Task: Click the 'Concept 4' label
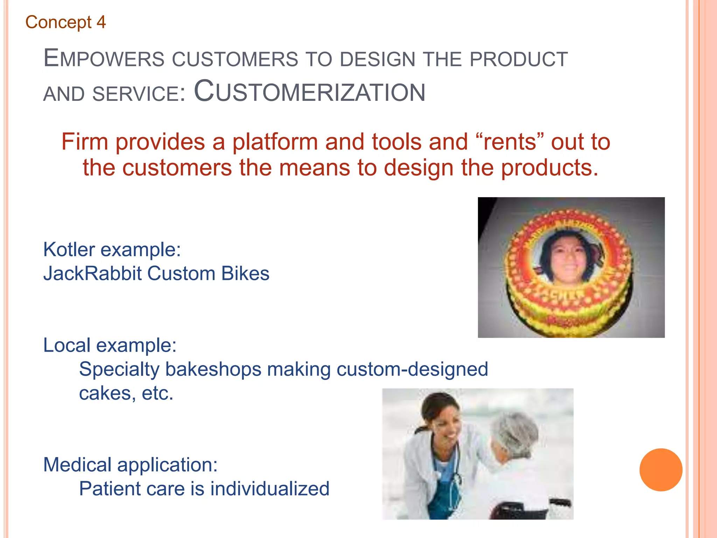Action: click(x=65, y=22)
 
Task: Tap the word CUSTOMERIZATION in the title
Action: click(x=309, y=92)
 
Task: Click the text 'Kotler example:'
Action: click(x=112, y=250)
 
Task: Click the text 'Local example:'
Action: click(x=110, y=345)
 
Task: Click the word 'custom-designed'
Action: click(x=412, y=369)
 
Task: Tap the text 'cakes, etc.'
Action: click(x=126, y=393)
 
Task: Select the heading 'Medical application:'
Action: click(x=130, y=465)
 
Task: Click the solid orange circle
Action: click(x=661, y=470)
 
